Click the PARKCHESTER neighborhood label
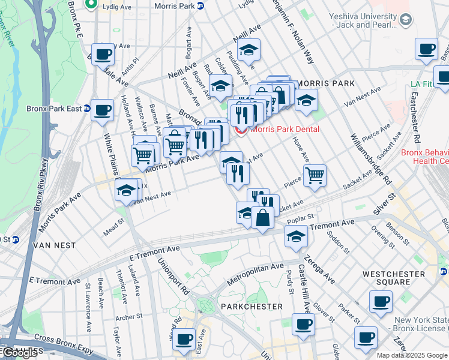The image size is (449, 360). tap(252, 307)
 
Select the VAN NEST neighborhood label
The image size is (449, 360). tap(53, 245)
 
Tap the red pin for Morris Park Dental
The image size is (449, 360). tap(241, 129)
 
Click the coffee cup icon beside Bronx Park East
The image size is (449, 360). tap(102, 110)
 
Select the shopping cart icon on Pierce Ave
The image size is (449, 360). tap(315, 175)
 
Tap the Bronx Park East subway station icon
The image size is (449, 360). tap(86, 109)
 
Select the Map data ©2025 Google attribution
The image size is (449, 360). tap(412, 355)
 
